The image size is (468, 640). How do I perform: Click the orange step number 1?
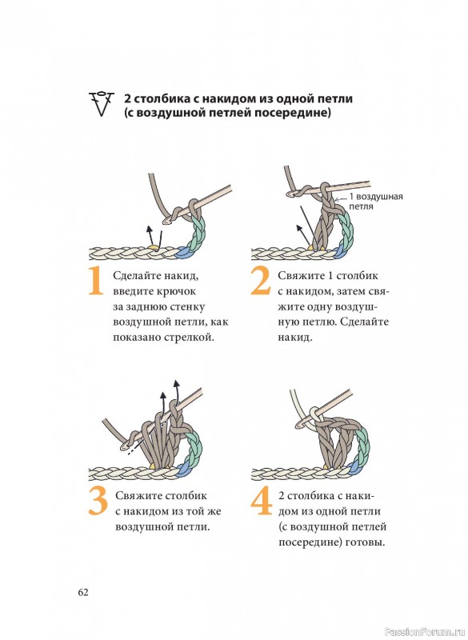95,281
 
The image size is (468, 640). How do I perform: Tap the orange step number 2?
260,281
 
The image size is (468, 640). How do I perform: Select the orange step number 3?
98,502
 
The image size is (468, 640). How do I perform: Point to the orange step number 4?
261,502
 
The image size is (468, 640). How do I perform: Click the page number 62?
83,592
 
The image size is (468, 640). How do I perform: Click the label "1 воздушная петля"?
376,202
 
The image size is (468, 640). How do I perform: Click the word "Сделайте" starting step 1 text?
135,276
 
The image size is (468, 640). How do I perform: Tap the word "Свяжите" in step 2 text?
300,276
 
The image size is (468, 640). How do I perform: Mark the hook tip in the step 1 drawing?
166,222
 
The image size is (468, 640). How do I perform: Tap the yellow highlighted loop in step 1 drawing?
152,246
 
